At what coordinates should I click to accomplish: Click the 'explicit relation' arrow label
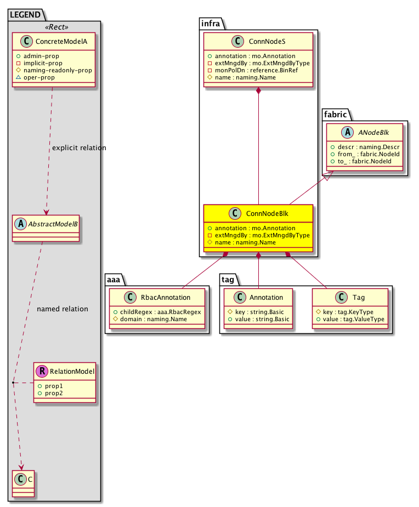(x=79, y=148)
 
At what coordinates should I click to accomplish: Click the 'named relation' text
(x=62, y=309)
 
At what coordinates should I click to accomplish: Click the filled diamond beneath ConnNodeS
(x=258, y=91)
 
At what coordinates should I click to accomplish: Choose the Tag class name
(x=360, y=298)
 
